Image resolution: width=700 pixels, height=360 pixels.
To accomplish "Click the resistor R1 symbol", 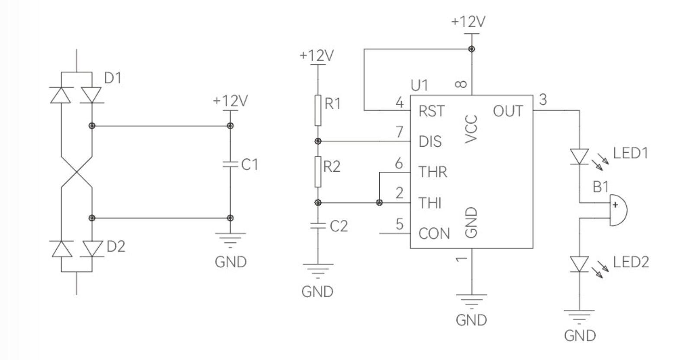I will (x=318, y=110).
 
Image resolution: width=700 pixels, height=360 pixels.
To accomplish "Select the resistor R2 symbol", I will (x=318, y=171).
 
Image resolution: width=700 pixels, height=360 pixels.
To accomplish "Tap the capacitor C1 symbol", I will (x=230, y=164).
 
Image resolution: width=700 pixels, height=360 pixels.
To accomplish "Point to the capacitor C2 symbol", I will (x=318, y=225).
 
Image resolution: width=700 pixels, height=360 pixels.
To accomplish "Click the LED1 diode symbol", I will (x=579, y=156).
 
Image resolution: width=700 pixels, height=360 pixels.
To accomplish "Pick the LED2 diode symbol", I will (x=579, y=264).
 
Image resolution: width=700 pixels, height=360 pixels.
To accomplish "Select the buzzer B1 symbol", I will (x=617, y=209).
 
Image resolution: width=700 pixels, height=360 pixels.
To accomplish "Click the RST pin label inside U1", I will (x=431, y=111).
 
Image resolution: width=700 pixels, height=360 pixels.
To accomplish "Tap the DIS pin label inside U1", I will (x=430, y=141).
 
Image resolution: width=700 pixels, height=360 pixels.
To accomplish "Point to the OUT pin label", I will (x=508, y=111).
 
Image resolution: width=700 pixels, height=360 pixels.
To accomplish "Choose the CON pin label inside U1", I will (x=434, y=234).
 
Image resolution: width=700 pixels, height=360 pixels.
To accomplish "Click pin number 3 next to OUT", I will (x=543, y=100).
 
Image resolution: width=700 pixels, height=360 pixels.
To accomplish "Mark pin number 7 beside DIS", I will (x=400, y=131).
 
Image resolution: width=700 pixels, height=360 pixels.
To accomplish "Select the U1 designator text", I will (x=419, y=86).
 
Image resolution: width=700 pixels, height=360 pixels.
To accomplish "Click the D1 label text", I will (x=113, y=78).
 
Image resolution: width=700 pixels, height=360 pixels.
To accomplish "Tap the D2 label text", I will (x=116, y=246).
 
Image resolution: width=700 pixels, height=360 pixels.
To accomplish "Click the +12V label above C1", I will (x=230, y=101).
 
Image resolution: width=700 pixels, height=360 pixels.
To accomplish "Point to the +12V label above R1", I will (x=317, y=55).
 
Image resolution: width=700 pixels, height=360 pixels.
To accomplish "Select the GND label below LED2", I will (x=580, y=335).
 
